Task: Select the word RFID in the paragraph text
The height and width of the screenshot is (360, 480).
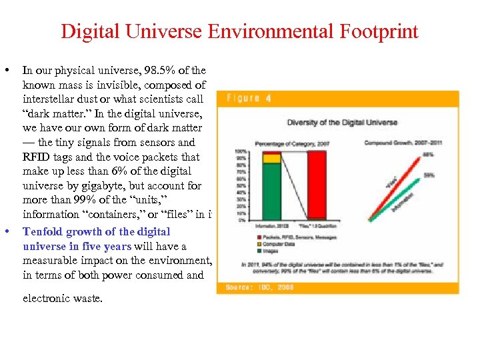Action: pos(37,157)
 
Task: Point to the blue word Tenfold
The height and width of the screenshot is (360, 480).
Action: pos(43,231)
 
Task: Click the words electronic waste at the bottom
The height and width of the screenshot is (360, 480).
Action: pos(63,298)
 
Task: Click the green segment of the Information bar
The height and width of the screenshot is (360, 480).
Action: pos(272,191)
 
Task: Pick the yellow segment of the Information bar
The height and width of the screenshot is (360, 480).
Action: pos(272,159)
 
